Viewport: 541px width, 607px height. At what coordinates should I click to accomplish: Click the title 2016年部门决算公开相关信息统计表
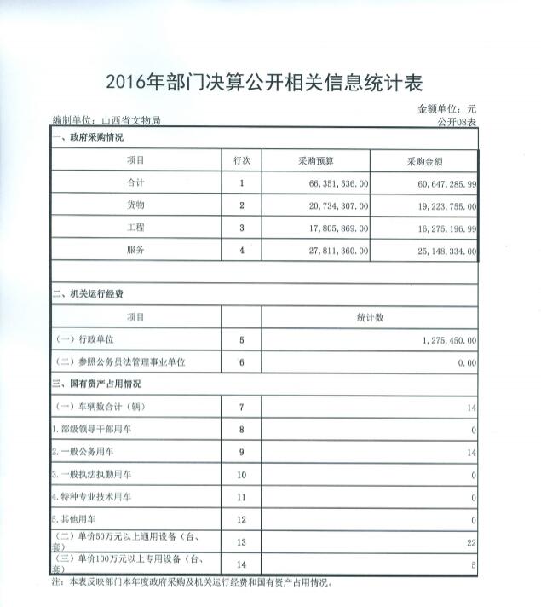(264, 84)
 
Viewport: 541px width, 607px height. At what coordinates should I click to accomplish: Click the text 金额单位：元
(446, 109)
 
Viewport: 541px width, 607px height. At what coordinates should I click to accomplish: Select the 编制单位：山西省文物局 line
(106, 122)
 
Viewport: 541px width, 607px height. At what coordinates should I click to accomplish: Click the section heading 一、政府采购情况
(89, 137)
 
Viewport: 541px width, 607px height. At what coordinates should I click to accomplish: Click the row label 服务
(136, 251)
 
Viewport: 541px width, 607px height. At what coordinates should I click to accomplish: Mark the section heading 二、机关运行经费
(89, 295)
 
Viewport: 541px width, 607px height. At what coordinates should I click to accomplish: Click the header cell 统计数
(370, 317)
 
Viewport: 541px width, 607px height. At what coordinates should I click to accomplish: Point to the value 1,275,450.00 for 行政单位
(448, 340)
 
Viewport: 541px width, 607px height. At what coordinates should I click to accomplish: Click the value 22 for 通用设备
(469, 541)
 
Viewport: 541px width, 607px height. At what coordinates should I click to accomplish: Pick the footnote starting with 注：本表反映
(192, 583)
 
